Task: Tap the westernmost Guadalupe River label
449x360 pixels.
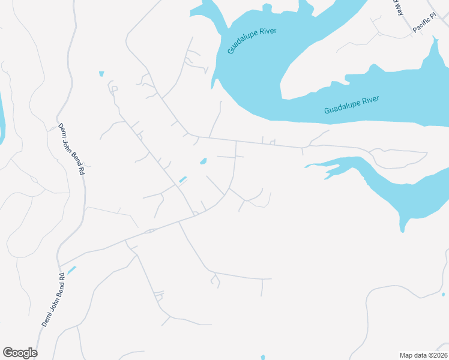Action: (252, 41)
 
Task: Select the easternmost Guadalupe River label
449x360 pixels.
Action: (351, 106)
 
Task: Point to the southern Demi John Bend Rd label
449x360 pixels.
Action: (53, 300)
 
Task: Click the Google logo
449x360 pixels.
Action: (20, 353)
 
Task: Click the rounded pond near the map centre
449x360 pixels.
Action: (203, 161)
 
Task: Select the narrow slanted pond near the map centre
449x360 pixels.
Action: (182, 179)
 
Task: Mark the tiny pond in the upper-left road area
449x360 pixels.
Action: (101, 74)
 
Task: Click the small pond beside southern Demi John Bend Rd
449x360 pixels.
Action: (71, 270)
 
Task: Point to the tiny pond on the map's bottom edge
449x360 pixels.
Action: (263, 358)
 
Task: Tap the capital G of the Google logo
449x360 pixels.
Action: (8, 353)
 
